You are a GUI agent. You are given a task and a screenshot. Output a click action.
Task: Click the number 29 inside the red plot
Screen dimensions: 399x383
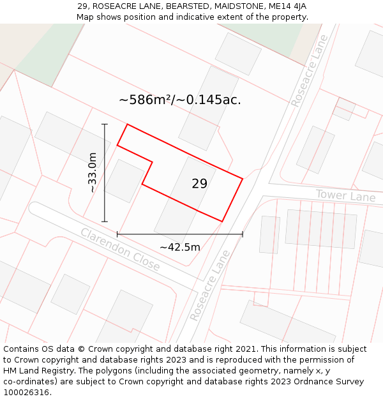click(199, 184)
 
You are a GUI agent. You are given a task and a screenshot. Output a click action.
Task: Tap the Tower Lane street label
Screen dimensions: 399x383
click(345, 195)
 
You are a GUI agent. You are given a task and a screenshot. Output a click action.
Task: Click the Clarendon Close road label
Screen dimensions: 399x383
click(120, 250)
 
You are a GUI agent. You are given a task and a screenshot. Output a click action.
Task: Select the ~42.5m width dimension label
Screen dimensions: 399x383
click(180, 247)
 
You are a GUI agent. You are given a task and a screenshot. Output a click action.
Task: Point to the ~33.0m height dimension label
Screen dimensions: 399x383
click(92, 172)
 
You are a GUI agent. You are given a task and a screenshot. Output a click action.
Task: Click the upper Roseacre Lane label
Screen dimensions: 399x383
click(309, 70)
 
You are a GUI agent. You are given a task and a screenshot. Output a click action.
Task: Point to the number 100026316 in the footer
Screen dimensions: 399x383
click(26, 392)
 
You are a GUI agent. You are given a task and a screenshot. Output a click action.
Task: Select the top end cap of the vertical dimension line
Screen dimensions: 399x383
click(105, 124)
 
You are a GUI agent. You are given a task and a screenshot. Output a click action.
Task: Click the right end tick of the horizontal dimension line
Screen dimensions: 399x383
click(243, 234)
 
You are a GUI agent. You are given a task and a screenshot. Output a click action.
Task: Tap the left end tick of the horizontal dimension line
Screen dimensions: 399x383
click(117, 234)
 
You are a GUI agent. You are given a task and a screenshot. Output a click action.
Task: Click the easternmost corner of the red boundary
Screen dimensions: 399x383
click(243, 179)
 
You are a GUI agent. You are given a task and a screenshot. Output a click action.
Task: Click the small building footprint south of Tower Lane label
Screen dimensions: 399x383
click(269, 234)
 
